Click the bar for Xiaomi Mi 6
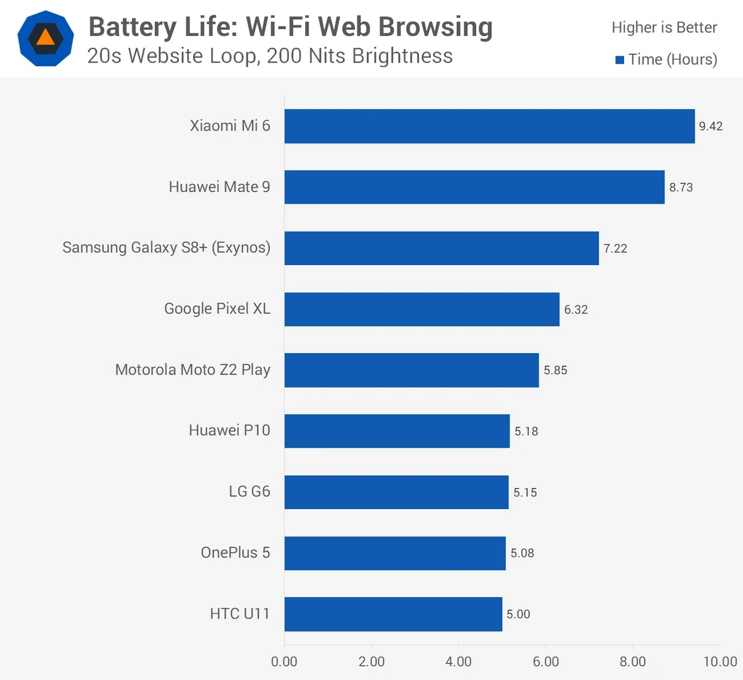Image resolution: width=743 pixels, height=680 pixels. [489, 126]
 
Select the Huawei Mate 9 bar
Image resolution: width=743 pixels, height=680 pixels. [474, 187]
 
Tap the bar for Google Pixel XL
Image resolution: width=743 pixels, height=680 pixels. [422, 309]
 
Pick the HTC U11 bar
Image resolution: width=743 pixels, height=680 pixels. [393, 614]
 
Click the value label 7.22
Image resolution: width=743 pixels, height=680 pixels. [615, 248]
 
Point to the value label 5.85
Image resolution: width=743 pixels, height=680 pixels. [555, 370]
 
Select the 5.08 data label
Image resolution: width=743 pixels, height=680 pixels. [522, 553]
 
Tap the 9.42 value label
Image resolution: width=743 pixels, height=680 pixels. [711, 126]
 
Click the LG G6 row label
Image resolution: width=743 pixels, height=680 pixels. [250, 492]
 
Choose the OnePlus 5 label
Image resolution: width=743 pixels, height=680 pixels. [235, 552]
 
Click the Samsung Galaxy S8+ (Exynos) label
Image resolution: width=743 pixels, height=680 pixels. [167, 248]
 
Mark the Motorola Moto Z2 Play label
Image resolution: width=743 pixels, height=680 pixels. [193, 370]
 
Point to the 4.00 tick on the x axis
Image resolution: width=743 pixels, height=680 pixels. [458, 661]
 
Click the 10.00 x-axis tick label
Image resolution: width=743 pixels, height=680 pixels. [720, 661]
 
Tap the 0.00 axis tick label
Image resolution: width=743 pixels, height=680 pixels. [284, 661]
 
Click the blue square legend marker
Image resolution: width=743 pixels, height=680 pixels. [619, 60]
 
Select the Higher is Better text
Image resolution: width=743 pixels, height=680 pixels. [664, 28]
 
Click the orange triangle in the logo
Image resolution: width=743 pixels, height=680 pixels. [46, 38]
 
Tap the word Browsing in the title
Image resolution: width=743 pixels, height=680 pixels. [435, 27]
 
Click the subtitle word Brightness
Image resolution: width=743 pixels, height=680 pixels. [402, 56]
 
